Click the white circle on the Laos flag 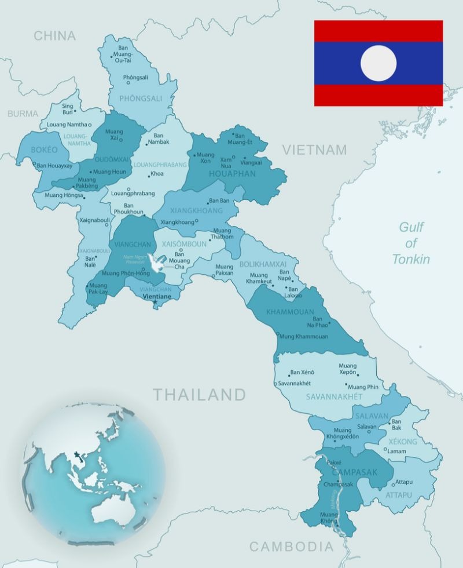coord(379,63)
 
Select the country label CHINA coord(54,36)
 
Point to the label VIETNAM coord(314,150)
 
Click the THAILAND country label coord(199,395)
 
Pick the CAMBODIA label coord(291,546)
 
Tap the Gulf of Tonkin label coord(411,243)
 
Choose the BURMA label coord(23,114)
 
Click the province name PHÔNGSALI coord(141,99)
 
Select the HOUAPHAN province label coord(231,173)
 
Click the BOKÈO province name coord(44,150)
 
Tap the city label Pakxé coord(334,462)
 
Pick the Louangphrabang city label coord(133,193)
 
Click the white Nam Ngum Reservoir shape coord(156,262)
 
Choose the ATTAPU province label coord(399,495)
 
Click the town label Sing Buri coord(68,109)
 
